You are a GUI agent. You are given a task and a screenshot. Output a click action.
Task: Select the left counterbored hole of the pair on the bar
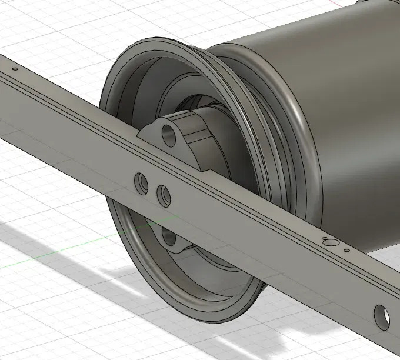point(142,184)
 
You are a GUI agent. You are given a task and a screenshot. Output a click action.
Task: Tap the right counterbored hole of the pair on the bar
point(163,194)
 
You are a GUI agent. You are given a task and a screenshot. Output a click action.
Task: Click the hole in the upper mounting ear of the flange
point(169,135)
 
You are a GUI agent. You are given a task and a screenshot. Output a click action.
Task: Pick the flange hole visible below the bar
point(169,238)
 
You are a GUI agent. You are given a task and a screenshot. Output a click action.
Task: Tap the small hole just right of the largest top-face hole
point(346,251)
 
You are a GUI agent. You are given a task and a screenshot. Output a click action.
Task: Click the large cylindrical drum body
point(353,118)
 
